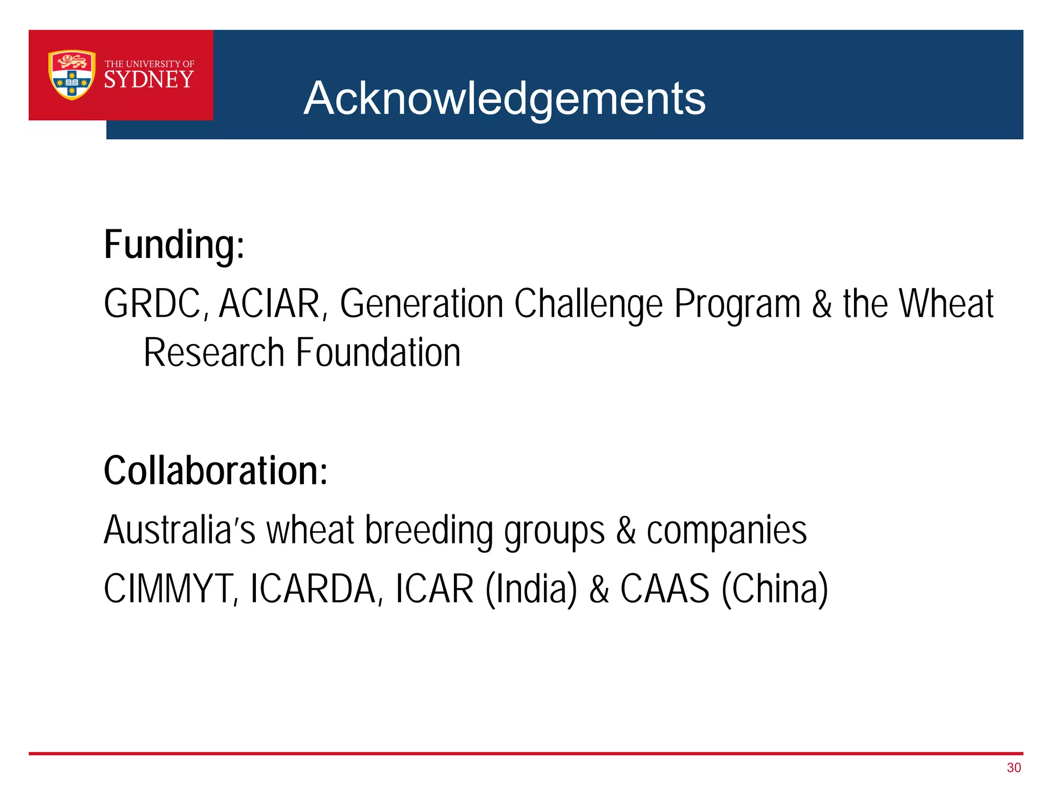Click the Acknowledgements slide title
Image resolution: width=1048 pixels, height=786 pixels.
tap(504, 98)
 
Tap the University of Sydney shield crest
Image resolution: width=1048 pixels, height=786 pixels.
tap(72, 75)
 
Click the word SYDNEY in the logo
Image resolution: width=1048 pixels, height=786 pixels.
tap(149, 79)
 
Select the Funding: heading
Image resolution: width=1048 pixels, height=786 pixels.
tap(174, 245)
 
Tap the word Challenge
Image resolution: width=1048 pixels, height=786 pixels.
tap(588, 304)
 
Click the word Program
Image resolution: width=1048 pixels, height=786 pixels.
tap(737, 304)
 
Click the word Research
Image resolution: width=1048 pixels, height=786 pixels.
tap(214, 353)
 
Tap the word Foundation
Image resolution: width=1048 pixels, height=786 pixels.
tap(378, 353)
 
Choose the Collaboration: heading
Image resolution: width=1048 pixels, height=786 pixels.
tap(215, 471)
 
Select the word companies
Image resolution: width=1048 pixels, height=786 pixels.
tap(727, 531)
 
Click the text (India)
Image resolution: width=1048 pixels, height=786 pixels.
tap(531, 589)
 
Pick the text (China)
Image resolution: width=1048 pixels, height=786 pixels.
tap(775, 589)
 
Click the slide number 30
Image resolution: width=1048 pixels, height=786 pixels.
tap(1013, 768)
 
